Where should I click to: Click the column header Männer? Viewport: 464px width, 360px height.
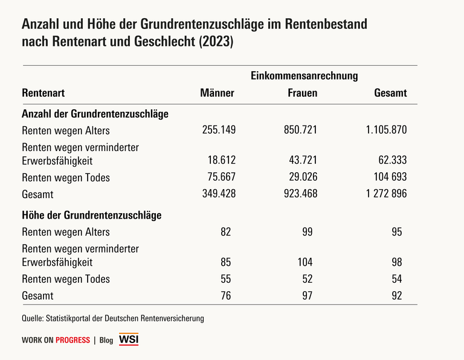click(x=217, y=93)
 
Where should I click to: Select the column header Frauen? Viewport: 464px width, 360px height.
click(x=302, y=93)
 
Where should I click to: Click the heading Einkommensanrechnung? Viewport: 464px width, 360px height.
click(x=304, y=76)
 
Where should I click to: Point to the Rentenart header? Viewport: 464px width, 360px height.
click(x=43, y=93)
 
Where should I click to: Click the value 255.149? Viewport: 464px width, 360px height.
click(x=217, y=130)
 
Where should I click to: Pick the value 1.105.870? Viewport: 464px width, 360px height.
click(x=386, y=130)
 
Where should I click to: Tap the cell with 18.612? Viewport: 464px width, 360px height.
click(x=221, y=160)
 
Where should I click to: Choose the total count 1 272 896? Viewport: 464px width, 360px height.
click(x=386, y=194)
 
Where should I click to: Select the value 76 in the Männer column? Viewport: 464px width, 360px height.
click(x=225, y=296)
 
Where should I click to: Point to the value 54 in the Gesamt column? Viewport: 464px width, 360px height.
click(x=396, y=279)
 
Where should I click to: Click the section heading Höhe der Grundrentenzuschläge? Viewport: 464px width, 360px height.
click(x=91, y=215)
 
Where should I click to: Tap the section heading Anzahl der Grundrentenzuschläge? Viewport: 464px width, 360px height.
click(x=95, y=113)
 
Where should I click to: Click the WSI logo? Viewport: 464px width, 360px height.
click(x=129, y=339)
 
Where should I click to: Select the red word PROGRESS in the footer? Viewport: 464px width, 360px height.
click(x=72, y=340)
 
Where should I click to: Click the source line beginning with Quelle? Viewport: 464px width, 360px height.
click(x=113, y=318)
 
